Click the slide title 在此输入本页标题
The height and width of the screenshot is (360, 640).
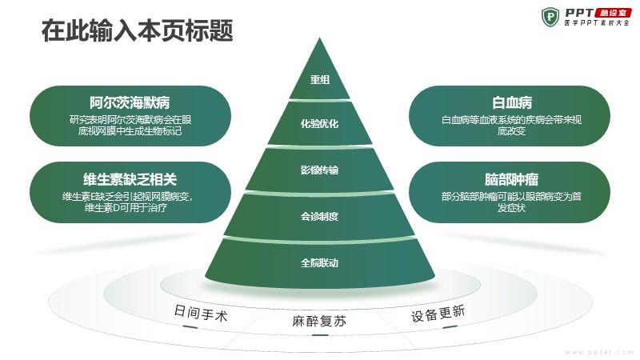137,30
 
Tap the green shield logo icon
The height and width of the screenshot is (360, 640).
550,17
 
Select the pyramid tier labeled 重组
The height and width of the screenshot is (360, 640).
319,74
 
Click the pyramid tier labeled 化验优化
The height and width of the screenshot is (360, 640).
319,123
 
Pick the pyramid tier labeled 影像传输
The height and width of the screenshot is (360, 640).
319,170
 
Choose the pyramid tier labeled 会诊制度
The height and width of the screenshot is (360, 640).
319,215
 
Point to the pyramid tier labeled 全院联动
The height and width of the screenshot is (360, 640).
319,262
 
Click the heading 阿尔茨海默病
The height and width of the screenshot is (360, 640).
130,102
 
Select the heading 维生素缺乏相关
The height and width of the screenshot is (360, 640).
130,179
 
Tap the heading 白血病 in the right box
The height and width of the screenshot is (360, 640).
512,102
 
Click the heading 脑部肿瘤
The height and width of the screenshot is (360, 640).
511,179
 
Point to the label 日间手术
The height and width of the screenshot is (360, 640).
201,313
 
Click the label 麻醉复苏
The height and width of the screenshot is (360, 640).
319,322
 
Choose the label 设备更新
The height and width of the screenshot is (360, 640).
438,314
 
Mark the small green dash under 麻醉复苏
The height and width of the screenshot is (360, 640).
319,335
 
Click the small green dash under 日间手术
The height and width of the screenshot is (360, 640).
190,326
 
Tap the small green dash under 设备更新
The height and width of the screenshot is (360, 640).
450,327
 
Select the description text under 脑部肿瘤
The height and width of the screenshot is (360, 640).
511,202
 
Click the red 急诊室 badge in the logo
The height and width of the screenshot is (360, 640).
613,13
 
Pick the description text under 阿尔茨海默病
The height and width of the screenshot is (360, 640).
130,126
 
